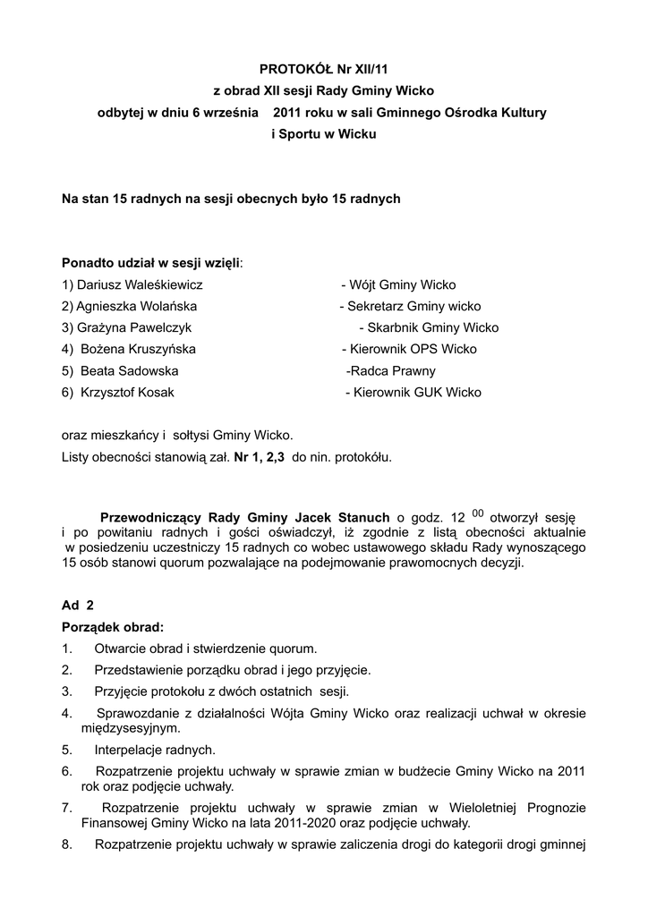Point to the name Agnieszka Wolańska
[x=135, y=307]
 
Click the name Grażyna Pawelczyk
[x=133, y=328]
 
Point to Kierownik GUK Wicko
[x=417, y=393]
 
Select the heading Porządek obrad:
[x=113, y=626]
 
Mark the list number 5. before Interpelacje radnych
[x=67, y=750]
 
